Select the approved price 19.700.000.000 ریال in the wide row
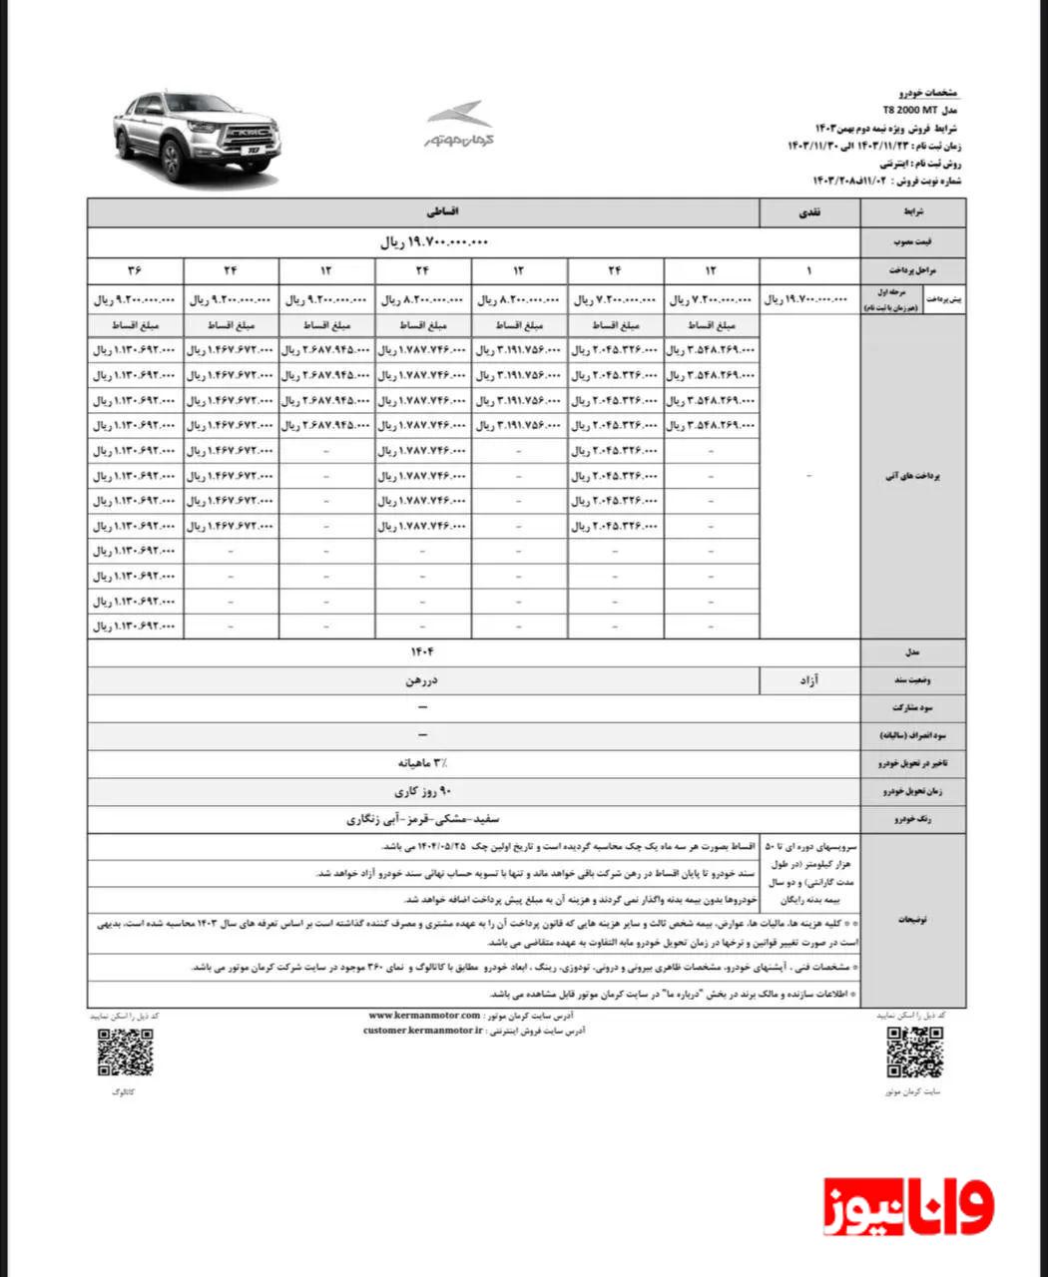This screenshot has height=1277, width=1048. [435, 242]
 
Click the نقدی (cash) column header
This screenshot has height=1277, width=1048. [808, 213]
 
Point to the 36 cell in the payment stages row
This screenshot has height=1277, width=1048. [136, 270]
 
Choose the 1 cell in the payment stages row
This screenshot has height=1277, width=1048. [809, 270]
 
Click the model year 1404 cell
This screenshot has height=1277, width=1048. [422, 651]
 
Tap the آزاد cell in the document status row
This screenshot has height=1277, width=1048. [808, 679]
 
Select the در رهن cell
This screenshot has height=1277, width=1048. [422, 679]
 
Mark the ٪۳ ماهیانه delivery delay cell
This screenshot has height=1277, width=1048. [422, 763]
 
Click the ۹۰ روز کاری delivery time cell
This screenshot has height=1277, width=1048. [422, 791]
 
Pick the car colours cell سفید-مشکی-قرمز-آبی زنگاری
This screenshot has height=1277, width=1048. [422, 819]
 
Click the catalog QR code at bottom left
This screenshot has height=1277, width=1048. [126, 1052]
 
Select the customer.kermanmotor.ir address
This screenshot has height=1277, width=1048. [423, 1031]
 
